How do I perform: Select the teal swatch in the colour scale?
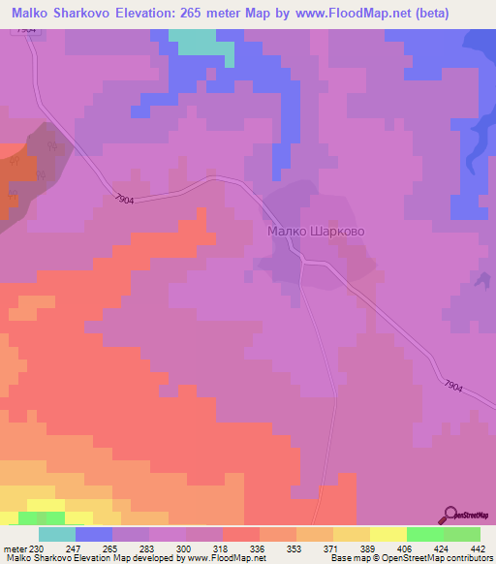coord(57,534)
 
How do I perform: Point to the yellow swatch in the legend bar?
coord(387,534)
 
